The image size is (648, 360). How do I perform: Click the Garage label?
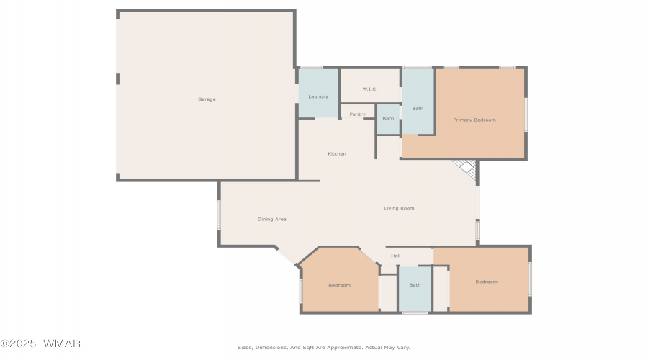[207, 99]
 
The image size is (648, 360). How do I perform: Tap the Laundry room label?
[318, 96]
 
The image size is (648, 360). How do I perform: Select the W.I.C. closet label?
[370, 89]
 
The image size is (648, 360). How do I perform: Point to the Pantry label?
[357, 114]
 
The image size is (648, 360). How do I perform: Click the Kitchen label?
[337, 154]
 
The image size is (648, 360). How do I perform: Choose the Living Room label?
[399, 208]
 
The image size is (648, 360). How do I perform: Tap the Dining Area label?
[272, 219]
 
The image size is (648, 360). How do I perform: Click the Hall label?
[396, 256]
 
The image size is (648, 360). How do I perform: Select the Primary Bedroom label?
[474, 120]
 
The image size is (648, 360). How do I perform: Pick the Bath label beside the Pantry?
[388, 119]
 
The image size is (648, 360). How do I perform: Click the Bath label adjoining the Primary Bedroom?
[418, 109]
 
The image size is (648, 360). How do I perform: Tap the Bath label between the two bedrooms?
[415, 285]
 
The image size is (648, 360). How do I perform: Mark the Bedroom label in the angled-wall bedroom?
[339, 285]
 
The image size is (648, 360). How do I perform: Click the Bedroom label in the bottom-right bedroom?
[487, 282]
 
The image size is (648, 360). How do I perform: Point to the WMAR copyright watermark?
[40, 343]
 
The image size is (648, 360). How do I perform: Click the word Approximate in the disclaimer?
[344, 348]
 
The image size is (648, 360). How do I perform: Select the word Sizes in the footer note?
[245, 348]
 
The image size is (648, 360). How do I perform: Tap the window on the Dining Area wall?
[219, 215]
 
